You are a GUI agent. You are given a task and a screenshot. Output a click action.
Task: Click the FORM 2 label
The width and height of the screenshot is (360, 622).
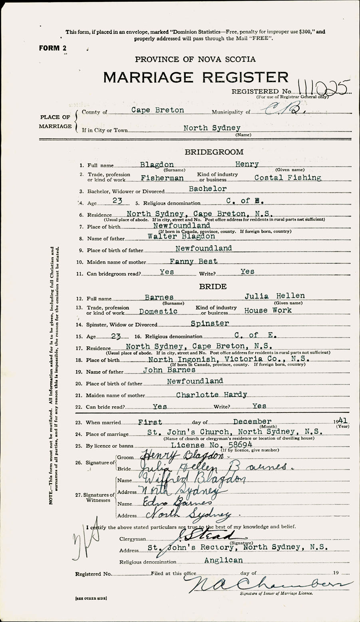pyautogui.click(x=53, y=48)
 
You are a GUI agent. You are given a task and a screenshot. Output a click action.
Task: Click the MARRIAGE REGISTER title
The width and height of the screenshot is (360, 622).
pyautogui.click(x=195, y=77)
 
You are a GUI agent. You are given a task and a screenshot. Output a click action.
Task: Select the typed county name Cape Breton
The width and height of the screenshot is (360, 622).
pyautogui.click(x=158, y=110)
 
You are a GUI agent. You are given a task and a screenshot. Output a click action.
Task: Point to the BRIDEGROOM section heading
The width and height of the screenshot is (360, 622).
pyautogui.click(x=214, y=152)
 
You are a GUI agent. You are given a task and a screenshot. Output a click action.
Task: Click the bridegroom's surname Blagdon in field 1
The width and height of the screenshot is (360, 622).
pyautogui.click(x=157, y=165)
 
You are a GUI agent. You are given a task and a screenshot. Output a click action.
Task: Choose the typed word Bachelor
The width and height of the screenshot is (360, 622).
pyautogui.click(x=208, y=189)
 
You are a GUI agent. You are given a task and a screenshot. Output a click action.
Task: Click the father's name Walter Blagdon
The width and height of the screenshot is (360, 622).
pyautogui.click(x=181, y=236)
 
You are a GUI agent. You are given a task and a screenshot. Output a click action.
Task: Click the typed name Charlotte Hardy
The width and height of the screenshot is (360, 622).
pyautogui.click(x=211, y=395)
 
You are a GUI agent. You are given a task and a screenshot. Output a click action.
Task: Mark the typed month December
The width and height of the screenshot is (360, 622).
pyautogui.click(x=252, y=422)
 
